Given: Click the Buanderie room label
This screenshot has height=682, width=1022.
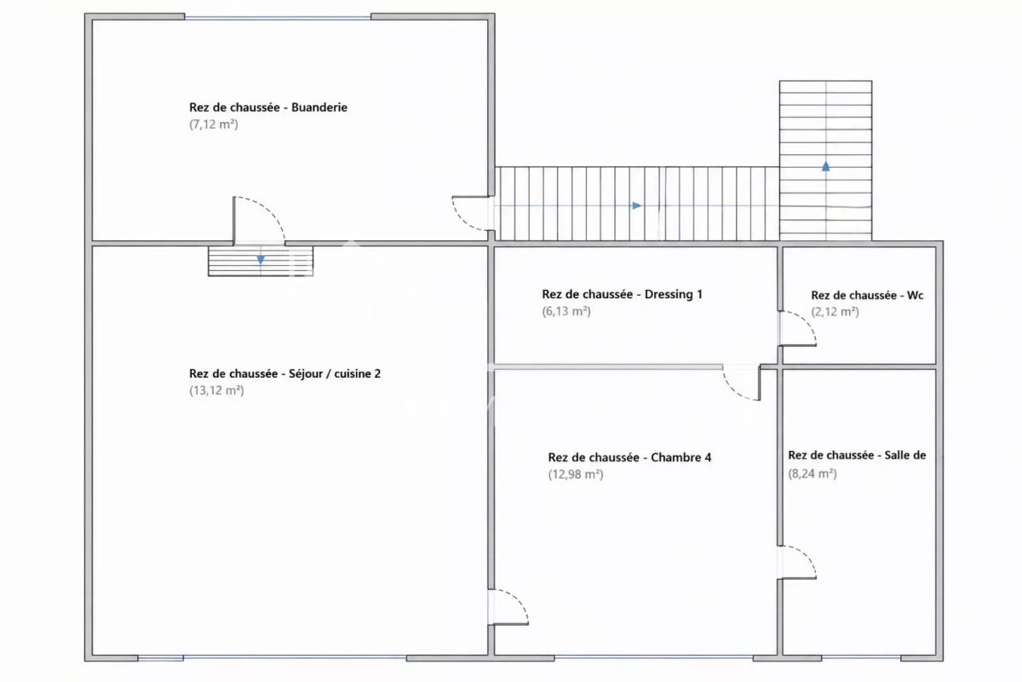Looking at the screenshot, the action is pos(267,107).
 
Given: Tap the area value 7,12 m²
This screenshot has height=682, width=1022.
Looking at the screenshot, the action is pos(214,124).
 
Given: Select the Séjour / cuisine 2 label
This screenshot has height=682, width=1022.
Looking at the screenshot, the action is pos(284,373).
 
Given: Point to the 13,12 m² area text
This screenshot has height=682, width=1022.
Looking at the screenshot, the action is pos(216,390).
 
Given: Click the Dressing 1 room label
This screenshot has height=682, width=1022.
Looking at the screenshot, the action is pos(622,295).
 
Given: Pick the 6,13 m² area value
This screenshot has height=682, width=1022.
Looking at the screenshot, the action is pos(566,311).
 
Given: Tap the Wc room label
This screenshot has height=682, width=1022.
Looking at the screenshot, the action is pos(867,296).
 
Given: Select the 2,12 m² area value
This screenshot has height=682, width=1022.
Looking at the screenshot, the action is pos(835,312).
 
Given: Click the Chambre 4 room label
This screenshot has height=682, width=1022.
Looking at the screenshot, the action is pos(629,457).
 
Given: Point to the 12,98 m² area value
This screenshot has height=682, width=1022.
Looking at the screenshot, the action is pos(576,475).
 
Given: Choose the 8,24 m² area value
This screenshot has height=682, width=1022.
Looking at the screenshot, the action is pos(812,474).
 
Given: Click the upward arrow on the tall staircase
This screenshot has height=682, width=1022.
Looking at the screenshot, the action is pos(826,166).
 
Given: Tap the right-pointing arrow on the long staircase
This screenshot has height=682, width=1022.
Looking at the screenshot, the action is pos(636,206).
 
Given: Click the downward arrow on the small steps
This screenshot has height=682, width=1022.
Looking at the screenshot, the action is pos(261,259).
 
